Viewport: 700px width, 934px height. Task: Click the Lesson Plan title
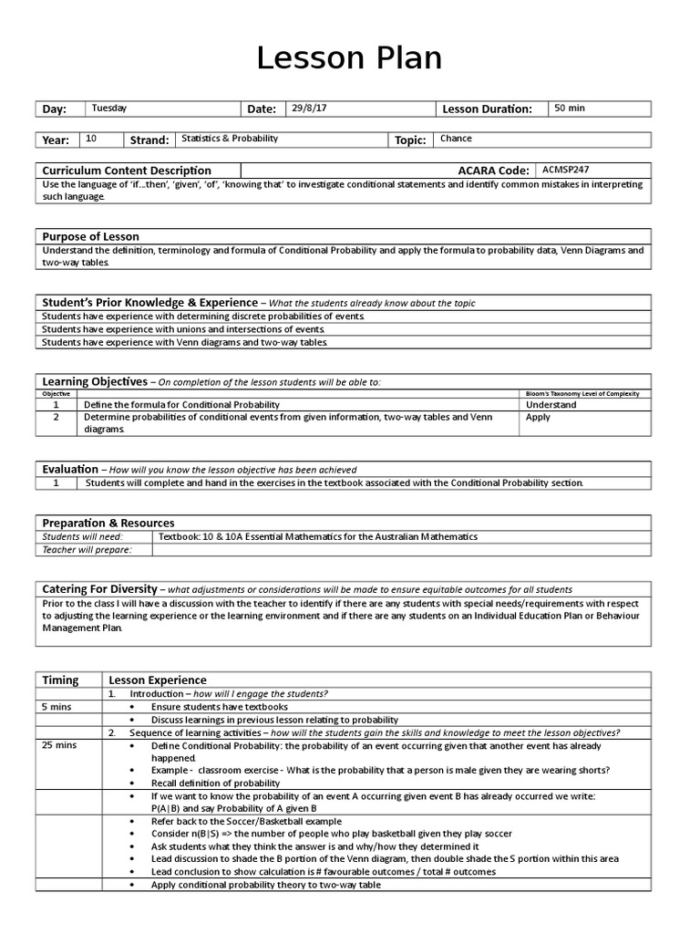[x=349, y=58]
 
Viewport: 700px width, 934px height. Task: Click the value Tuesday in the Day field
[x=108, y=109]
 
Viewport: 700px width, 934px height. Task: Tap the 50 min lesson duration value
[x=570, y=109]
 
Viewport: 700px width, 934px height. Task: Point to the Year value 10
[x=91, y=140]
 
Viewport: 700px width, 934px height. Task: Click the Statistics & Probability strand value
[x=230, y=140]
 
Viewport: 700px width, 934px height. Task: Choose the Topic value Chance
[x=456, y=140]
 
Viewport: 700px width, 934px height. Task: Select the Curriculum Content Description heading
[x=127, y=171]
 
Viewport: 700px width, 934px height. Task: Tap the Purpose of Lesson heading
[x=91, y=236]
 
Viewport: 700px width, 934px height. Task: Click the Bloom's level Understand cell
[x=551, y=404]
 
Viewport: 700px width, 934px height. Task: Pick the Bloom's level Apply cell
[x=539, y=417]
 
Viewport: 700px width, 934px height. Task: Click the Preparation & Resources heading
[x=108, y=523]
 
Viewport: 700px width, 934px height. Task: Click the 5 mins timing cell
[x=57, y=707]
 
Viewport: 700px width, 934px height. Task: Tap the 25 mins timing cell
[x=59, y=745]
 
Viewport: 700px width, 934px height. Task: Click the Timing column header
[x=61, y=680]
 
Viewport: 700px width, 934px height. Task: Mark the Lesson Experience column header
[x=158, y=680]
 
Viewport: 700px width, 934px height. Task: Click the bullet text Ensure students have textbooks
[x=220, y=707]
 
